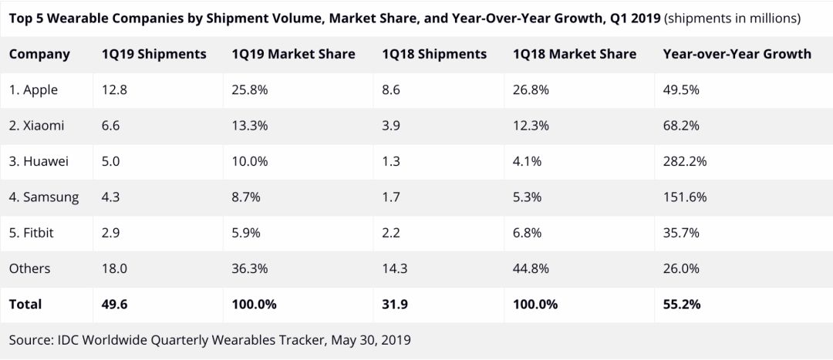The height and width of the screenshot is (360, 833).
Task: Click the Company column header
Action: (x=39, y=54)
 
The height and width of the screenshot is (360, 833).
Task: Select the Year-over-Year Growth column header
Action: (x=737, y=54)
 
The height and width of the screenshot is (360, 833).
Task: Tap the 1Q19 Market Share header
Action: (x=293, y=54)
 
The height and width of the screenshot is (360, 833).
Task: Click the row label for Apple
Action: (x=33, y=90)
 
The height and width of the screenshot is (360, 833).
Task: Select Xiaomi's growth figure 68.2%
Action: (x=681, y=126)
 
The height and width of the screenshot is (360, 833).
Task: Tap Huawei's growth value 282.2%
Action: (x=685, y=161)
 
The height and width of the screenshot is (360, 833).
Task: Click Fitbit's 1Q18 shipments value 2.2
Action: (x=391, y=232)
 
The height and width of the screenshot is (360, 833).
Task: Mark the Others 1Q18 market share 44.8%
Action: (x=531, y=268)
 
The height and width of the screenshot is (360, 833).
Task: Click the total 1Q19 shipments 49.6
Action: (x=114, y=304)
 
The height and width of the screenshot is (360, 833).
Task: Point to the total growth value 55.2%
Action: (x=682, y=304)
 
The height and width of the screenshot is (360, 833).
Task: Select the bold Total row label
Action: (x=25, y=304)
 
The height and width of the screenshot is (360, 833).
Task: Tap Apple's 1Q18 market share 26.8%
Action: (x=531, y=90)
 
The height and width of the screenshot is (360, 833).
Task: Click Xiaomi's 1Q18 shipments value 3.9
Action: (x=391, y=126)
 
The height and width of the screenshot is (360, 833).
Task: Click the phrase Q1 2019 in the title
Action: (x=634, y=17)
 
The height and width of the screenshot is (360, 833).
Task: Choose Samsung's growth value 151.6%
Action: (x=685, y=197)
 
